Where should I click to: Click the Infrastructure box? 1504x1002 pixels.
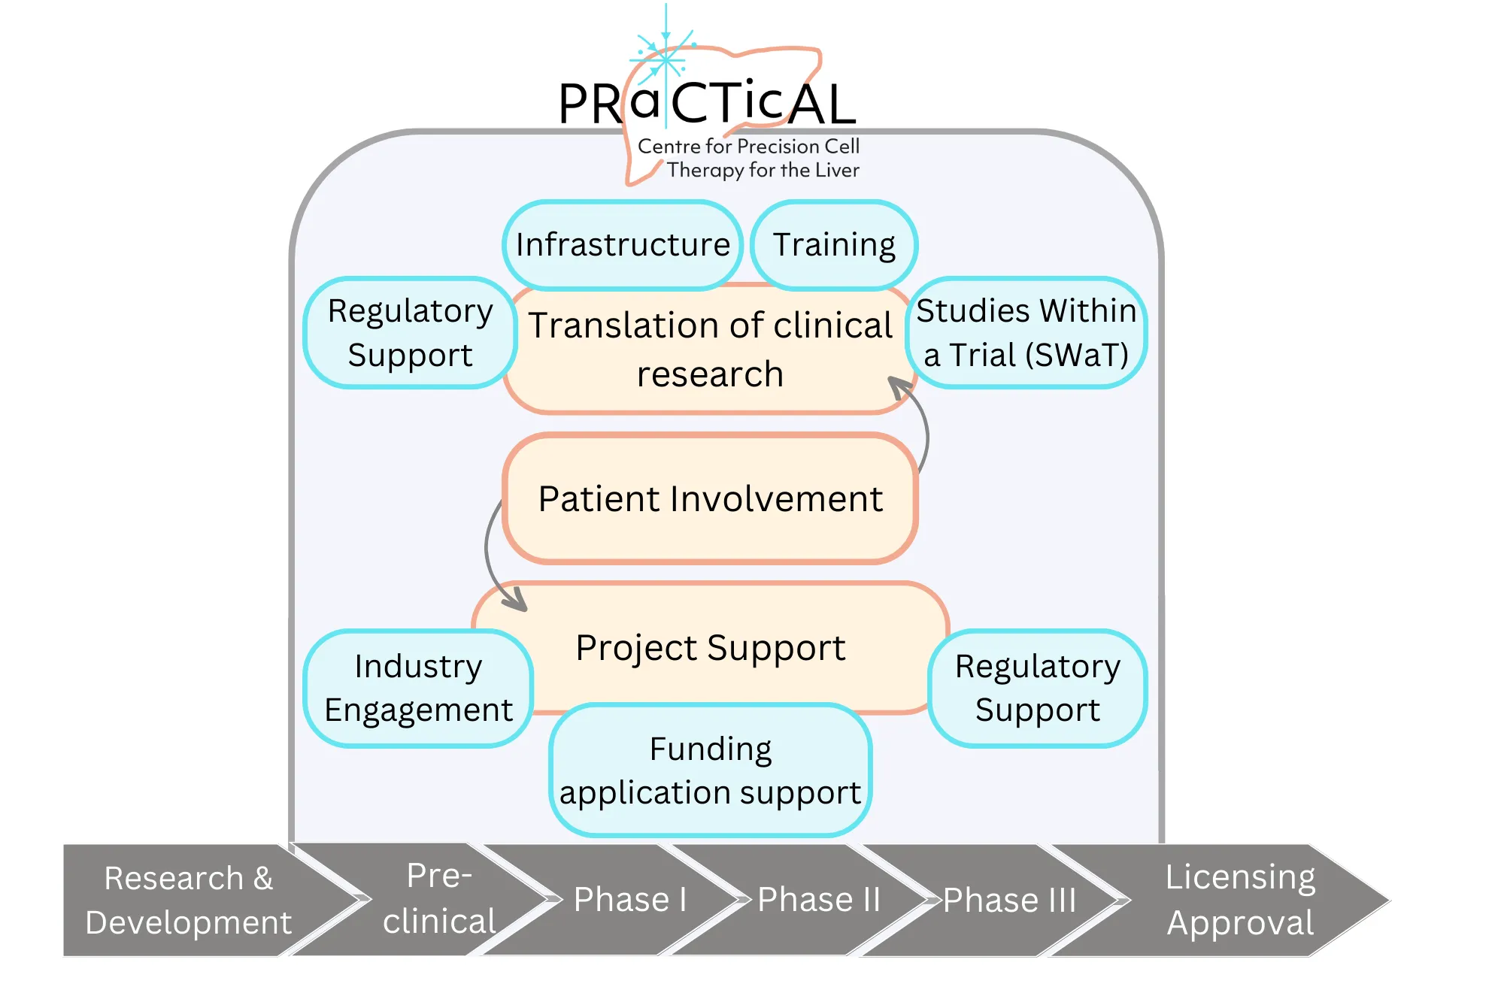click(x=623, y=245)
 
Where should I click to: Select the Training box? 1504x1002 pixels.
click(x=833, y=245)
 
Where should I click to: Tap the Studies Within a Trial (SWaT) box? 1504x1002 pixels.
click(x=1026, y=333)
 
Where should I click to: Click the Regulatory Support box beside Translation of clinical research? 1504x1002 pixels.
click(x=410, y=333)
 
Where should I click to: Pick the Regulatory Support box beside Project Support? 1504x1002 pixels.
click(x=1038, y=688)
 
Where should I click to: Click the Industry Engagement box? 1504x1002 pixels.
click(x=418, y=688)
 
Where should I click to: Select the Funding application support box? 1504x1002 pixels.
click(x=711, y=770)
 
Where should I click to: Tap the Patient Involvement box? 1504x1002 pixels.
click(x=711, y=498)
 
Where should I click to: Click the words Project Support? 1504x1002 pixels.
click(x=711, y=648)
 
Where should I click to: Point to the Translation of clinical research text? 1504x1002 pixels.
click(x=711, y=350)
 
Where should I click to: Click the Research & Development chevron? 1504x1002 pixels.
click(x=188, y=900)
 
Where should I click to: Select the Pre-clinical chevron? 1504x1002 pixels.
click(x=440, y=900)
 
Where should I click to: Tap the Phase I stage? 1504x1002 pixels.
click(x=630, y=900)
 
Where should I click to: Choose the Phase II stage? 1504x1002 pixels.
click(x=818, y=900)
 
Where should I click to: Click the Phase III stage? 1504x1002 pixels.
click(x=1009, y=900)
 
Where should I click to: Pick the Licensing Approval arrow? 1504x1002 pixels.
click(x=1239, y=900)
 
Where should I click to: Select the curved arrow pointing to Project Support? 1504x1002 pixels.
click(x=490, y=556)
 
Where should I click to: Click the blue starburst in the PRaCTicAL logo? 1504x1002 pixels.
click(x=665, y=57)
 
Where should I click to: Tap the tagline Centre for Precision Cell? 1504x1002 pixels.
click(x=748, y=146)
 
